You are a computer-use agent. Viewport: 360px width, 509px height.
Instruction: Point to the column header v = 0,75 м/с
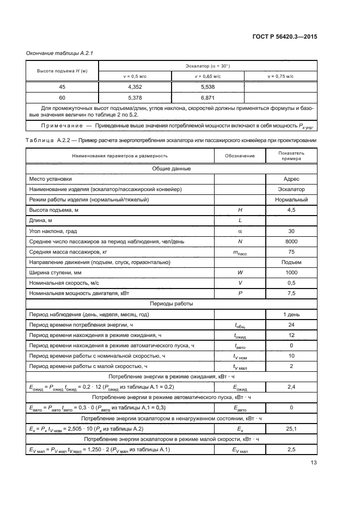coord(280,77)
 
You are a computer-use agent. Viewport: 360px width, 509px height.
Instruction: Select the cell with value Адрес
coord(291,179)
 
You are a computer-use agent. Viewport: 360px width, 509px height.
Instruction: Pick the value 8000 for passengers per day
coord(291,241)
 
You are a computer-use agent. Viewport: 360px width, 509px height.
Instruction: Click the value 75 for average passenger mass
coord(291,252)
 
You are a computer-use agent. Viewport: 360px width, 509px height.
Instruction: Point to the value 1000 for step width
coord(291,273)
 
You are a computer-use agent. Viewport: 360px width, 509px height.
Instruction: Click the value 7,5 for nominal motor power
coord(291,293)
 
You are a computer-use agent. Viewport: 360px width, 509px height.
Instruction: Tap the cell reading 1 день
coord(291,315)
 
